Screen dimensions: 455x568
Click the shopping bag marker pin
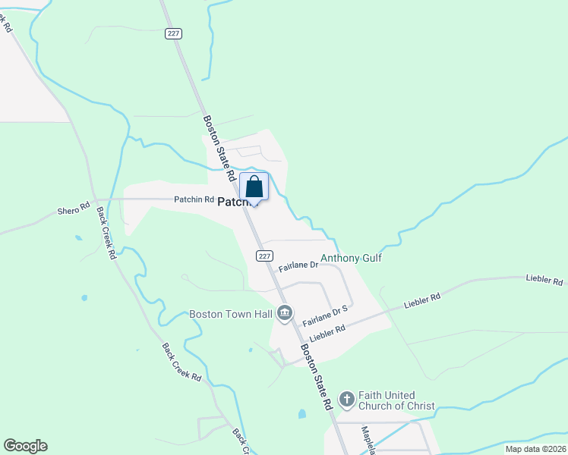pos(254,187)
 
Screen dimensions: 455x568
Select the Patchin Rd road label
pos(194,199)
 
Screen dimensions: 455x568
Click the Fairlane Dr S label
pos(324,315)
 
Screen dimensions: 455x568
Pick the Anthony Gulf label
pos(351,258)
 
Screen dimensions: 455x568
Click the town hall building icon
pos(286,312)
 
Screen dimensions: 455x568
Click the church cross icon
pos(346,400)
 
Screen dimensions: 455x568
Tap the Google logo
pos(25,446)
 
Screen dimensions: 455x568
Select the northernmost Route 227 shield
pos(174,33)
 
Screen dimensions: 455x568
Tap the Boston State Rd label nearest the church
pos(317,378)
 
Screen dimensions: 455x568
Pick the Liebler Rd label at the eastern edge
pos(545,280)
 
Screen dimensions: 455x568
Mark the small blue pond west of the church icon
pos(302,414)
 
